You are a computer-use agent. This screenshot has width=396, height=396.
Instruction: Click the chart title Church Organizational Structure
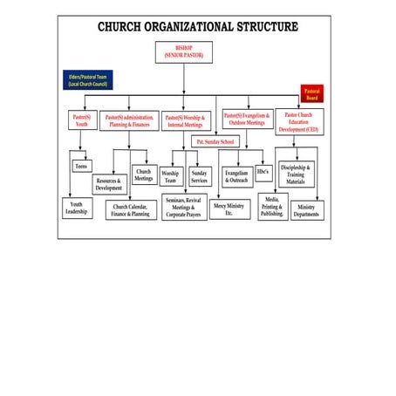(x=197, y=27)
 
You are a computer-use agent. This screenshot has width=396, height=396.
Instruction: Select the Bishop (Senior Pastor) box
(x=183, y=52)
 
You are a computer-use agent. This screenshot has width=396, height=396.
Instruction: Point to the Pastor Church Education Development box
(x=299, y=121)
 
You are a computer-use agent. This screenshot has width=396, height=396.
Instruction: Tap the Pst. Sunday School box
(x=215, y=141)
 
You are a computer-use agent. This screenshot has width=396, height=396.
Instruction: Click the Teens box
(x=81, y=166)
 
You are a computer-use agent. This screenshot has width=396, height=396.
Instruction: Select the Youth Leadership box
(x=77, y=208)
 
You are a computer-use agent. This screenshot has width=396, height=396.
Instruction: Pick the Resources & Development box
(x=109, y=184)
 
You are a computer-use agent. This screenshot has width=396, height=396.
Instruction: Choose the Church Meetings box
(x=144, y=175)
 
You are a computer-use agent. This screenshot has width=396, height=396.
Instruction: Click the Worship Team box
(x=171, y=177)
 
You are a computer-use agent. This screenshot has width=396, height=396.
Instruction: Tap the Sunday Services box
(x=200, y=177)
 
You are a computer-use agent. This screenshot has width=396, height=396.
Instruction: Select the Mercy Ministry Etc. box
(x=229, y=208)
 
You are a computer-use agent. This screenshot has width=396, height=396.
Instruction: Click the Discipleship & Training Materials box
(x=295, y=173)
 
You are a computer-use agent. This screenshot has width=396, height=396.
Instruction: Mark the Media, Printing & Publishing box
(x=272, y=207)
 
